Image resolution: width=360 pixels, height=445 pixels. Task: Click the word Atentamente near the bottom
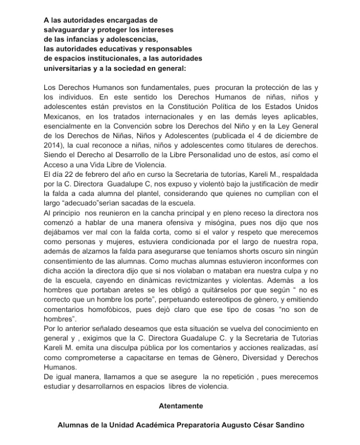point(181,406)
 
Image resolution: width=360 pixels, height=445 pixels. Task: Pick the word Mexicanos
point(62,117)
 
